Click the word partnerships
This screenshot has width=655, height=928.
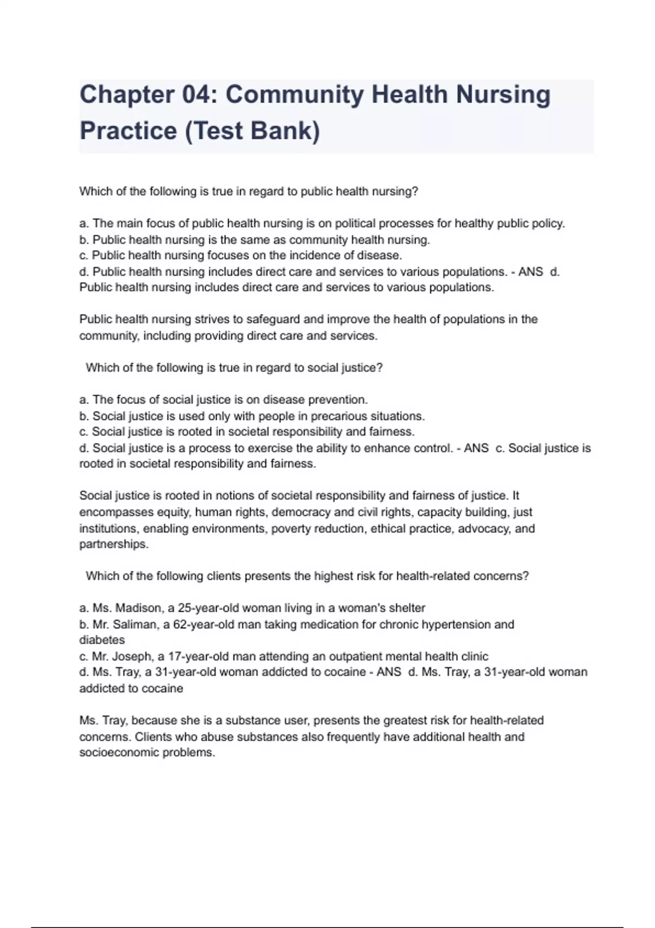click(114, 544)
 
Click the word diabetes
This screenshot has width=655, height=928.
click(102, 640)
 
